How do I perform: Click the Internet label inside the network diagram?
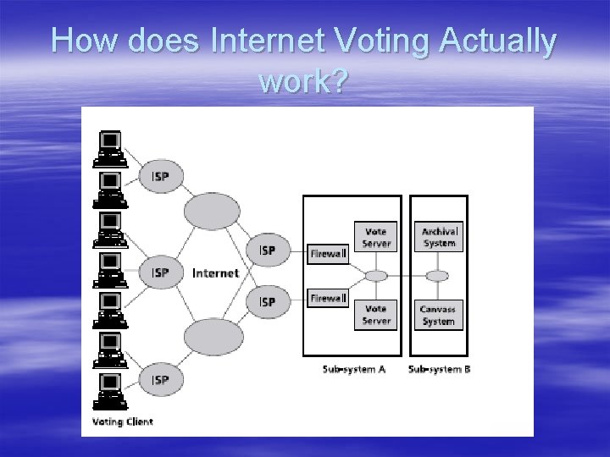(x=216, y=273)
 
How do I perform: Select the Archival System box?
(x=439, y=237)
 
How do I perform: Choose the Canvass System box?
(x=437, y=315)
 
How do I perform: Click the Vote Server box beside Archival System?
(x=376, y=237)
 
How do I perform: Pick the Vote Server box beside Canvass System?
(x=376, y=315)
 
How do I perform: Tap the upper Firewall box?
(x=329, y=252)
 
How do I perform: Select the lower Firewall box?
(x=329, y=298)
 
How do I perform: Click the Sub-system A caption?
(x=354, y=369)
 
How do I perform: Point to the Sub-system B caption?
(x=439, y=369)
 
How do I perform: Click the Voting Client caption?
(x=122, y=421)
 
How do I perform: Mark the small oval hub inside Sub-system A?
(x=376, y=276)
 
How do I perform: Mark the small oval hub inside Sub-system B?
(x=437, y=276)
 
